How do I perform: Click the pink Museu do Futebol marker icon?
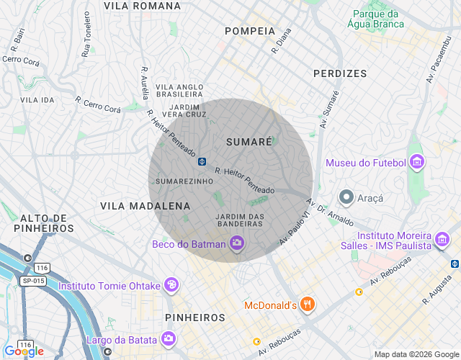tap(417, 163)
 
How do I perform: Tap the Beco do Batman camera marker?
tap(236, 244)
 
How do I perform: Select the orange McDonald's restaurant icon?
tap(308, 305)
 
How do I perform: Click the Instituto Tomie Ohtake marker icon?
tap(171, 285)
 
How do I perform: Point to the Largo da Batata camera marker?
tap(168, 338)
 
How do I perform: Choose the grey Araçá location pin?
tap(346, 197)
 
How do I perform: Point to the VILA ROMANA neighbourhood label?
tap(142, 6)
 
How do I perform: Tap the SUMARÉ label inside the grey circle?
tap(249, 143)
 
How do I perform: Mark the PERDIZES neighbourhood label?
tap(340, 73)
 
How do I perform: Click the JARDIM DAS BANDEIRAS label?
tap(241, 220)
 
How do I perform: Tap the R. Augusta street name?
tap(437, 289)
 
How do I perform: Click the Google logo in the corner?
tap(23, 351)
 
